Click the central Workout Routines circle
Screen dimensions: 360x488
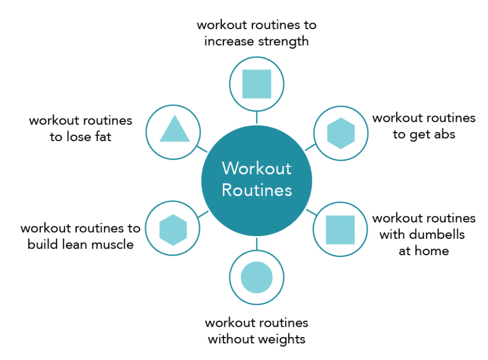[257, 179]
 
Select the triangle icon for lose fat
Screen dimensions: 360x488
[175, 129]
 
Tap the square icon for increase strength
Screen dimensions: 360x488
[257, 83]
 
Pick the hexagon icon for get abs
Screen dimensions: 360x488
[340, 133]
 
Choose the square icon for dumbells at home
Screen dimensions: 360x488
[340, 229]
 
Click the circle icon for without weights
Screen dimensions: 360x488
[257, 277]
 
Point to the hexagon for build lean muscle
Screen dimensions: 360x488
[173, 230]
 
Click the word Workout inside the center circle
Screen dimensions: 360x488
[257, 168]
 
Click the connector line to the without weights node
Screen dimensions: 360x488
[257, 243]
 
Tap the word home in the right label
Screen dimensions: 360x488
[433, 251]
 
